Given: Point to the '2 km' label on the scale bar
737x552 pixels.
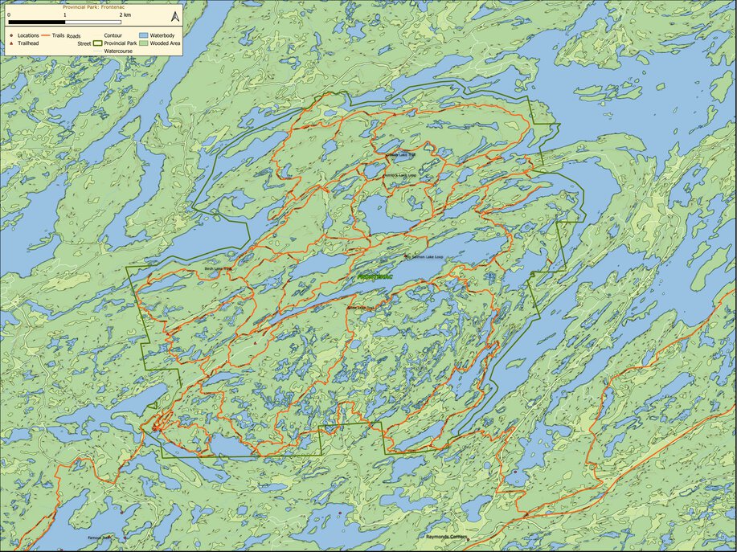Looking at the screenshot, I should click(125, 15).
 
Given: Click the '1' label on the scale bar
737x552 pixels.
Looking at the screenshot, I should click(65, 15).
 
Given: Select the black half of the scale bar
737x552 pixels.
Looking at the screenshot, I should click(37, 22).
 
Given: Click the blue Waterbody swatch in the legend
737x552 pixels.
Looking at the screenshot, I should click(145, 36).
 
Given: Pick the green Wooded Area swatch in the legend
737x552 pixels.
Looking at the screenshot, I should click(145, 44).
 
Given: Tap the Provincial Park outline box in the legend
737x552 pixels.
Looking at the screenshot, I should click(98, 44).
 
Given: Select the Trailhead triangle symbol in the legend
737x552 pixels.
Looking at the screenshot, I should click(11, 44).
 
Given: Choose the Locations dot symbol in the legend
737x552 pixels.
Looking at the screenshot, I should click(11, 36).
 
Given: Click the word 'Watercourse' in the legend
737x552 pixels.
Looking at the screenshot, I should click(118, 51).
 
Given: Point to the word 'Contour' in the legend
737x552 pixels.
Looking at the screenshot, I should click(113, 36).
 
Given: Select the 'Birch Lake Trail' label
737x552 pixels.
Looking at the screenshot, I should click(218, 268).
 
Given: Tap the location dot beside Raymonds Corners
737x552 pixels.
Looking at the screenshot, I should click(466, 539).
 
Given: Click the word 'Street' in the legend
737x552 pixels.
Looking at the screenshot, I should click(84, 44).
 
